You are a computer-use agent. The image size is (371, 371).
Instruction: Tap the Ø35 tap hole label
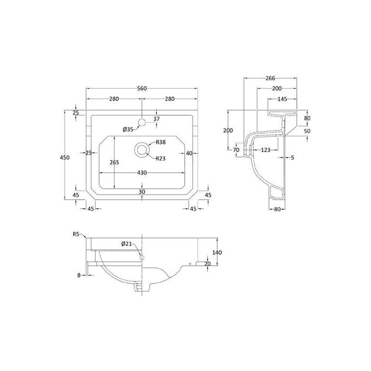click(128, 129)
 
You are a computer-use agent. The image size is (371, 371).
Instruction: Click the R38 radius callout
click(161, 142)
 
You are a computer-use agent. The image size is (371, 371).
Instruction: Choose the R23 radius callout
click(161, 157)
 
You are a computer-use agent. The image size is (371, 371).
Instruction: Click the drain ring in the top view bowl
click(143, 150)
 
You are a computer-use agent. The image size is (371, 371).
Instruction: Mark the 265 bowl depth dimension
click(114, 163)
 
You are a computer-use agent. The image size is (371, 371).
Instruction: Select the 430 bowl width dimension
click(143, 173)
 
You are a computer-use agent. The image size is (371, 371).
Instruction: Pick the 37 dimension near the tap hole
click(156, 119)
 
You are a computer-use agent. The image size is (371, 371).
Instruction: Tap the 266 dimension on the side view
click(270, 76)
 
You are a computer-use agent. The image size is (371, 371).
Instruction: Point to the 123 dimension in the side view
click(266, 151)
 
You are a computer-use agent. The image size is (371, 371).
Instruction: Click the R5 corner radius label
click(76, 234)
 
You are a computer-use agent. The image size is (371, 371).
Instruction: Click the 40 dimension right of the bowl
click(189, 153)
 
